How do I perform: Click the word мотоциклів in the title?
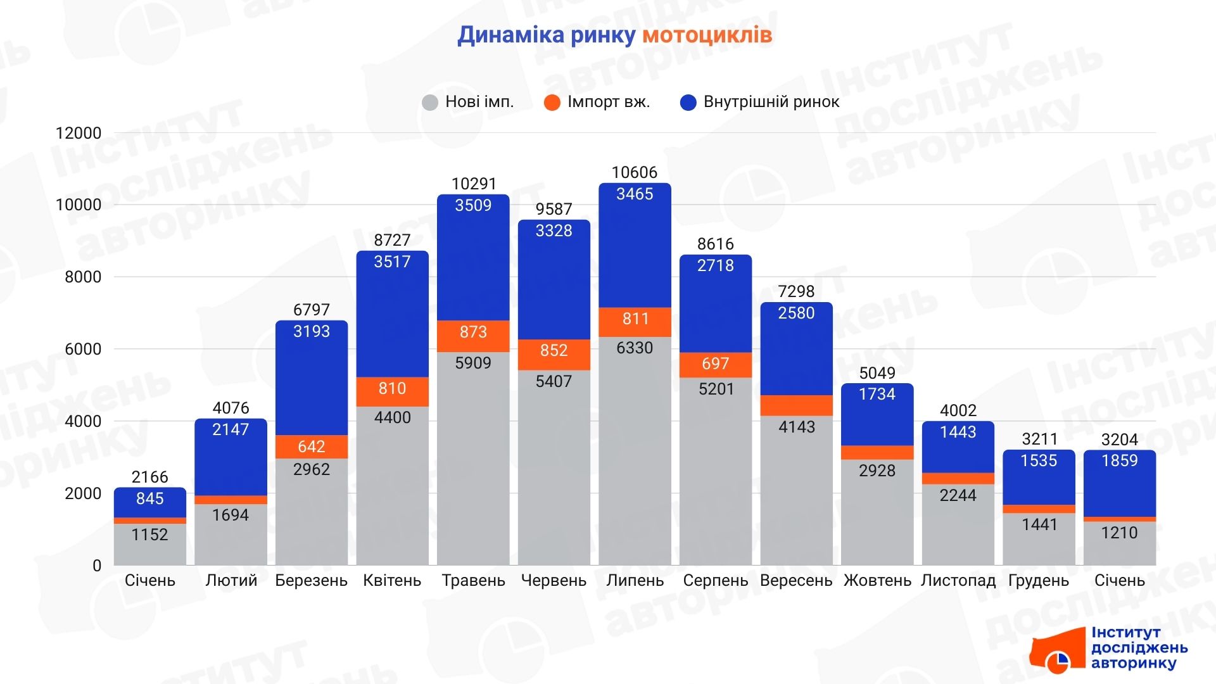pyautogui.click(x=707, y=35)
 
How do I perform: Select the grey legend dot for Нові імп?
pyautogui.click(x=430, y=103)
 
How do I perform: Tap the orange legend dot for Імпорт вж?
pyautogui.click(x=552, y=103)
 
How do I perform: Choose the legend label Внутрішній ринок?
pyautogui.click(x=771, y=102)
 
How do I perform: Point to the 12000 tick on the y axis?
pyautogui.click(x=79, y=133)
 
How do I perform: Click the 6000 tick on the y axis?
pyautogui.click(x=83, y=349)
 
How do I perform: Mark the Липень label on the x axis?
pyautogui.click(x=635, y=581)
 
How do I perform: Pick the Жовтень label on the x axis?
pyautogui.click(x=877, y=581)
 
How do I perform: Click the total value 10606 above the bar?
pyautogui.click(x=635, y=172)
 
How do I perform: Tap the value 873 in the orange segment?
pyautogui.click(x=473, y=332)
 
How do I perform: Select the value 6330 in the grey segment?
pyautogui.click(x=635, y=348)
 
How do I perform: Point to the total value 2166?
pyautogui.click(x=150, y=477)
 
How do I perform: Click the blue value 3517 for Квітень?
pyautogui.click(x=392, y=262)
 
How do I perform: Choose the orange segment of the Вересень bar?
pyautogui.click(x=796, y=405)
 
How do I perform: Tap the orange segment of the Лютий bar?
pyautogui.click(x=231, y=500)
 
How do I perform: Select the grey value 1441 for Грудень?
pyautogui.click(x=1039, y=524)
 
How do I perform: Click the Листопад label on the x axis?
pyautogui.click(x=958, y=581)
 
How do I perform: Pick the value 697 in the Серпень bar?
pyautogui.click(x=716, y=364)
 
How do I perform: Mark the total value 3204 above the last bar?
pyautogui.click(x=1120, y=440)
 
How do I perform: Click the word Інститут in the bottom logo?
pyautogui.click(x=1125, y=633)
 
